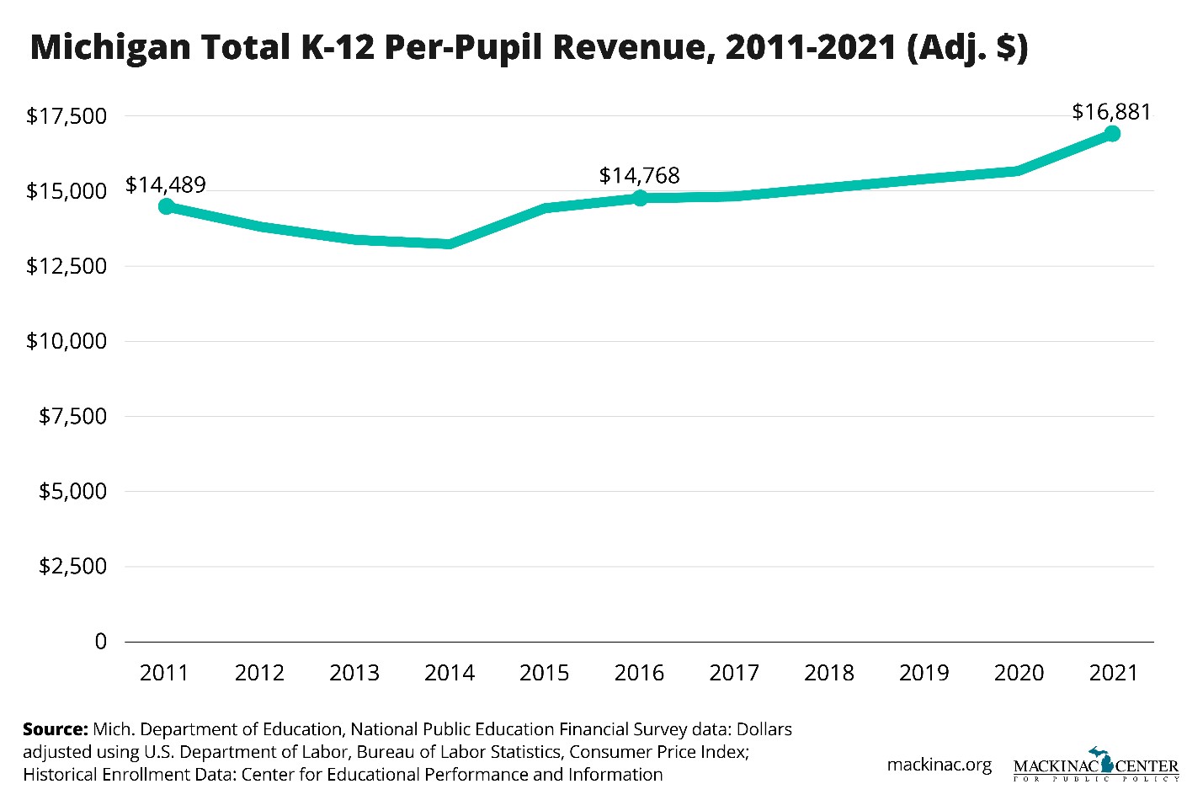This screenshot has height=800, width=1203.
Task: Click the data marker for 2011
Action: click(166, 206)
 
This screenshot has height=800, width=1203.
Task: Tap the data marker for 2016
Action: click(640, 198)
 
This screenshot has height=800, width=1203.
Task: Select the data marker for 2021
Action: click(1112, 133)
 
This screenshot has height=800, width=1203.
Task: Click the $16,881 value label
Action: click(1111, 112)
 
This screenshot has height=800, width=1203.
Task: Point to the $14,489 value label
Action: click(166, 184)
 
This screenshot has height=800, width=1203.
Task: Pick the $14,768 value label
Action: click(639, 175)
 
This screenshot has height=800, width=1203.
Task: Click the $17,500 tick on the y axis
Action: click(67, 116)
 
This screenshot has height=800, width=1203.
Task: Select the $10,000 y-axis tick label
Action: click(67, 341)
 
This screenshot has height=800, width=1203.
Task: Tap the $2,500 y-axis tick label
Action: click(72, 566)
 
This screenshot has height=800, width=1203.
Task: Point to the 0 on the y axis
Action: click(101, 642)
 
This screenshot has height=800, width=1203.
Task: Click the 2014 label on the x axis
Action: click(450, 673)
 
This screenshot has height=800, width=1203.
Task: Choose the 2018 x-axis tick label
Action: click(829, 673)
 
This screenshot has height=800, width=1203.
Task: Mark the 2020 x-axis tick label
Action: click(1019, 673)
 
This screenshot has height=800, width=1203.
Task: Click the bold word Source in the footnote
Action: click(55, 729)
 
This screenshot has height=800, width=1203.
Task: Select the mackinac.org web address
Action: click(939, 765)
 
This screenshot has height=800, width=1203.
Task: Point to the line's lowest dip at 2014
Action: click(450, 244)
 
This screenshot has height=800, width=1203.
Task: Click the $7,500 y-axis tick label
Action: click(72, 416)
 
